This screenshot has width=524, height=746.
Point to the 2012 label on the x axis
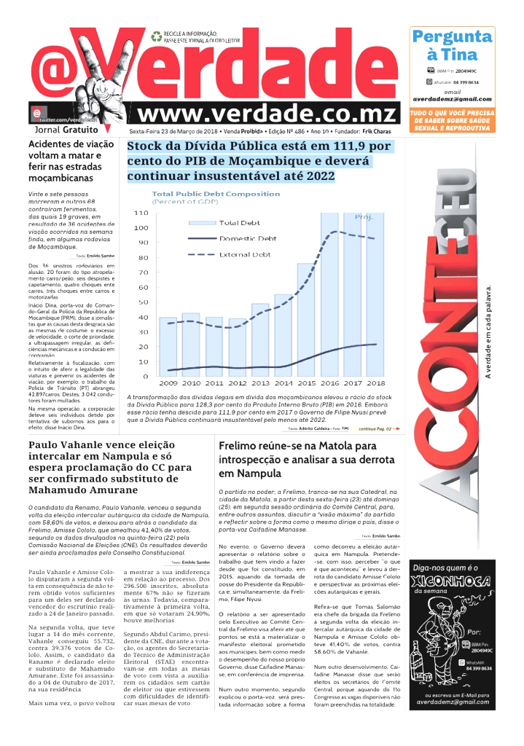coord(238,382)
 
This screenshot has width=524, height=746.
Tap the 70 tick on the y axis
coord(143,272)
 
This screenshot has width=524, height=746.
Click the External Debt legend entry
coord(245,255)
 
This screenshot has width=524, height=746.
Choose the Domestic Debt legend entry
coord(248,238)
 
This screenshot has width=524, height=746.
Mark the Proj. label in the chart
coord(364,217)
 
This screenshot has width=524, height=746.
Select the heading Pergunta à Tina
coord(452,45)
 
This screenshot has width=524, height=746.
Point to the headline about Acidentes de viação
coord(71,161)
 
